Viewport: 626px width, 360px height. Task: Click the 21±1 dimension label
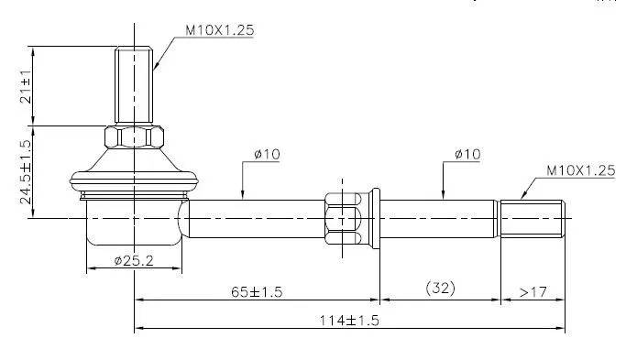[27, 87]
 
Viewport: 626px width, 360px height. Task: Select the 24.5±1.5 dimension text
[27, 172]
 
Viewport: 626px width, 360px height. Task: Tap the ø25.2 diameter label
[134, 261]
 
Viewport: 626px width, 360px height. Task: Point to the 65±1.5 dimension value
[257, 292]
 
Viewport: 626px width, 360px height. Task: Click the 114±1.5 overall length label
[349, 321]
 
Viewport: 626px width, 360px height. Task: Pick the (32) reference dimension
[440, 288]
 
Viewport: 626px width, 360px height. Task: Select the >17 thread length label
[533, 292]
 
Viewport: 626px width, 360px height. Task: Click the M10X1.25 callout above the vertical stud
[220, 30]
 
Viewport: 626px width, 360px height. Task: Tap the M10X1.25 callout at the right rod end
[581, 170]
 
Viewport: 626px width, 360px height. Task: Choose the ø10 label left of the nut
[267, 154]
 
